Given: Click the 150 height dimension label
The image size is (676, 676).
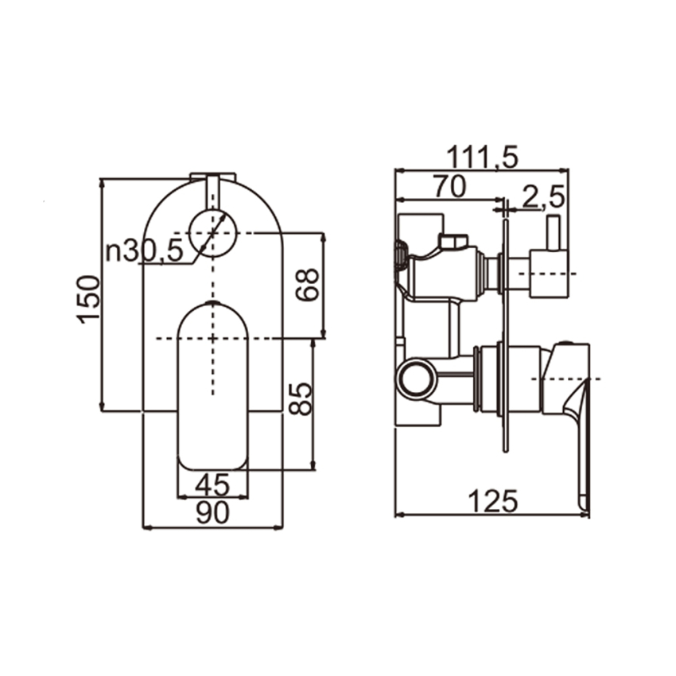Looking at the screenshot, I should [89, 297].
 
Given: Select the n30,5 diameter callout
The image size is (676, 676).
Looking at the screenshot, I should [146, 251].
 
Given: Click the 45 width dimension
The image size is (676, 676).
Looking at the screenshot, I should [212, 484].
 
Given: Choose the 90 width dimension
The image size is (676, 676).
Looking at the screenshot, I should [212, 514].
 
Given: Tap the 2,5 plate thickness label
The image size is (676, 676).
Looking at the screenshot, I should [544, 196].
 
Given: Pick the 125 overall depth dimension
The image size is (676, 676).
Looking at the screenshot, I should [491, 501].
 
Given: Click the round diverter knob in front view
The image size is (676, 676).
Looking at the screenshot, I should [213, 233].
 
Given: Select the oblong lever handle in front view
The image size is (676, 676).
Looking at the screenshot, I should [213, 386].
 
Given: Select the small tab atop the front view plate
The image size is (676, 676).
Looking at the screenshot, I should [212, 177].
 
